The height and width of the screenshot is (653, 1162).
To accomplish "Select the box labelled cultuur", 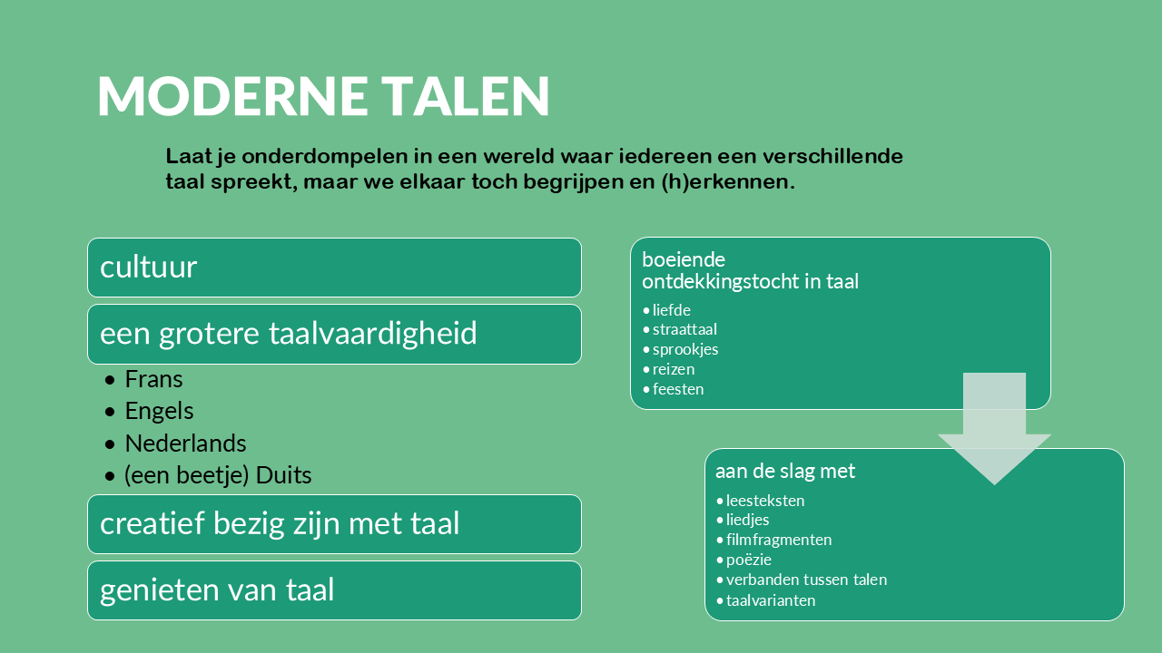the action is [x=335, y=268].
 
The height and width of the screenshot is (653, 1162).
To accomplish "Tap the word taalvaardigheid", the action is [x=372, y=333].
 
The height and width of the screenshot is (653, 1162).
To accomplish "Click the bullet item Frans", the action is [x=153, y=379].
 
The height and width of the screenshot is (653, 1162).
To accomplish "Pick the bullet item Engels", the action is [x=159, y=412].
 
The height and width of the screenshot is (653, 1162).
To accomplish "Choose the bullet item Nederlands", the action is [x=185, y=443].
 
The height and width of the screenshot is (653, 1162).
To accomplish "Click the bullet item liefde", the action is [x=671, y=310].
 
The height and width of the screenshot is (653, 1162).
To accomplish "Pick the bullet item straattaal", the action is [x=684, y=329].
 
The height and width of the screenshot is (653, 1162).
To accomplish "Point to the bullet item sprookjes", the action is [x=685, y=350].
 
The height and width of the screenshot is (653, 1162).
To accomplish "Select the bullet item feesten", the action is [x=678, y=389].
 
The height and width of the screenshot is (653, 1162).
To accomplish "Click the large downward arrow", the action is [x=994, y=429].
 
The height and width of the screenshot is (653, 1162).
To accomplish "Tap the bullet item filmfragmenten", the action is [x=779, y=540].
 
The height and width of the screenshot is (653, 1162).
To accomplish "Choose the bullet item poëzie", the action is [x=749, y=560].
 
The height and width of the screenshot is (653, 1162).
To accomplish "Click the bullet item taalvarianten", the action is [x=771, y=600].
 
